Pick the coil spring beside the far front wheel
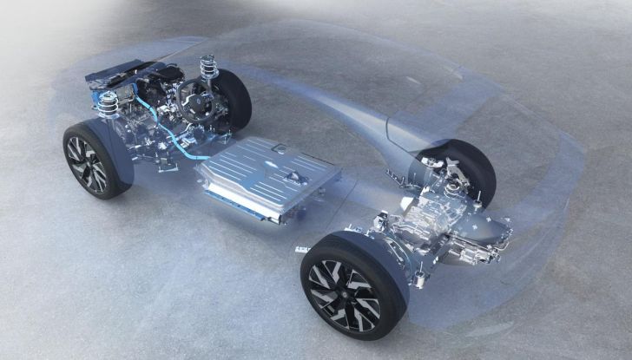tap(207, 66)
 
